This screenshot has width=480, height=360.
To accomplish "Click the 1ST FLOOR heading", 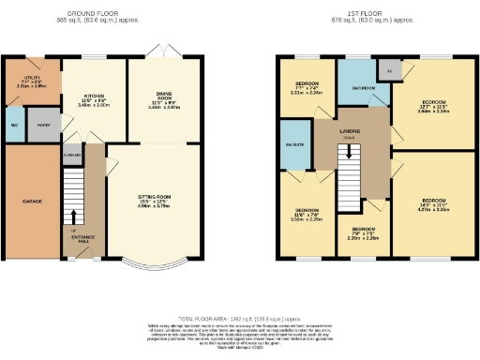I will [366, 13].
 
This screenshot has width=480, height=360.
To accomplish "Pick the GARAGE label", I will [29, 201].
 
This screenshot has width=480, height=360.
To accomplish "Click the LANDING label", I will [352, 130].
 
